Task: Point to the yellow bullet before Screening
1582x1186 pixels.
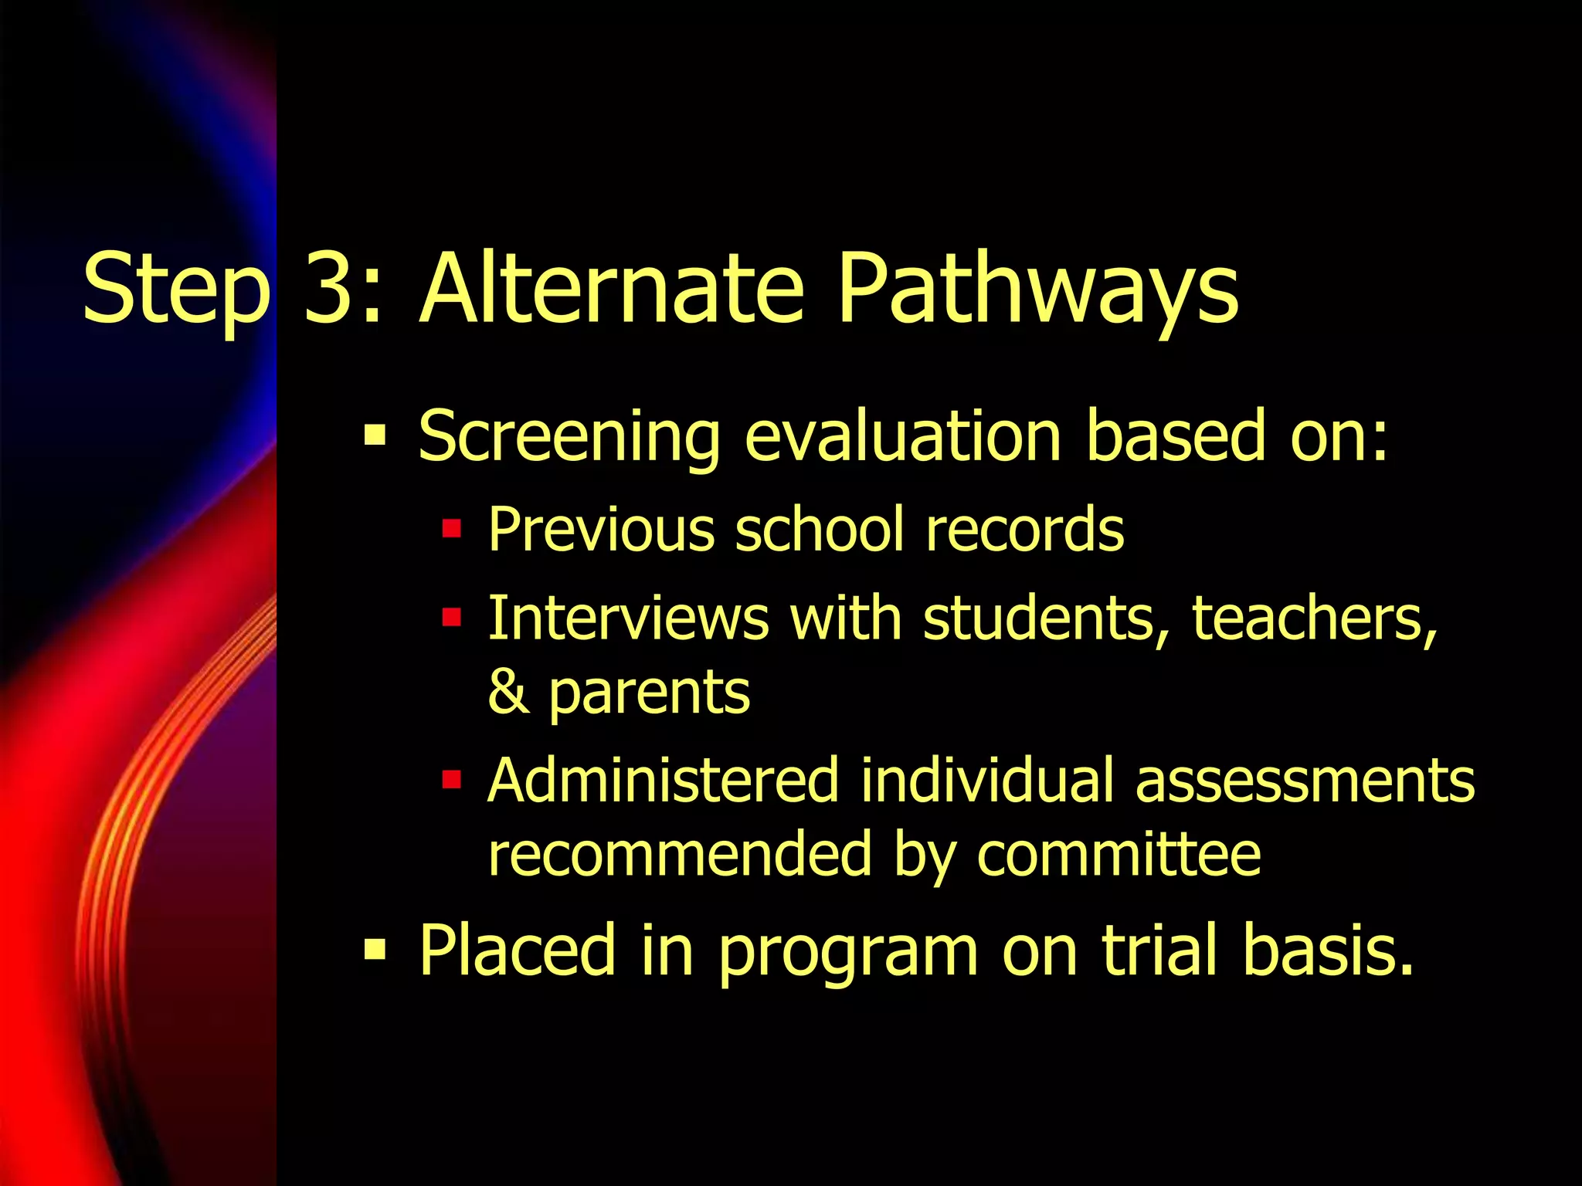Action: point(375,436)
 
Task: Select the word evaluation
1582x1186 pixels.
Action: point(903,436)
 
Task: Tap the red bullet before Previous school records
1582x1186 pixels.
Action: point(451,530)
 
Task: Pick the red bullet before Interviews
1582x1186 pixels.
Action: point(451,618)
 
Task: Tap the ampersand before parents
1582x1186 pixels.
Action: point(508,692)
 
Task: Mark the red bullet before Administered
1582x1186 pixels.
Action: point(451,781)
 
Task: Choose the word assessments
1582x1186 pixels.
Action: point(1305,781)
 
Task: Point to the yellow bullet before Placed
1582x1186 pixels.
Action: point(375,950)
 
